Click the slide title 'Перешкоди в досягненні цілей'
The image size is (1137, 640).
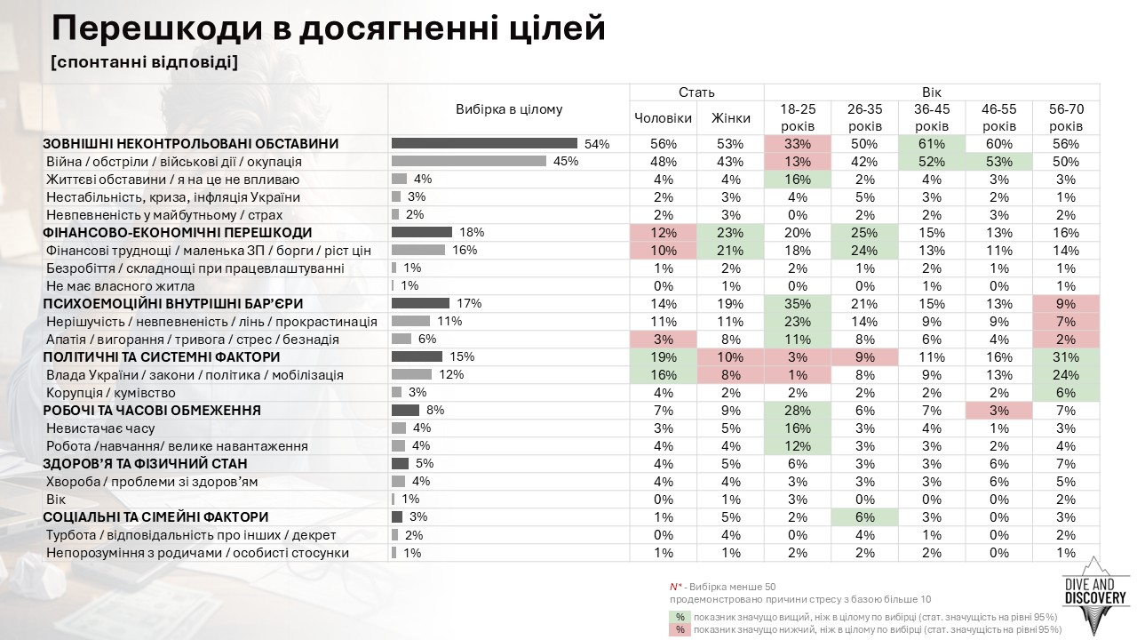click(x=329, y=28)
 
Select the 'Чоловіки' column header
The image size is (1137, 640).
click(x=663, y=118)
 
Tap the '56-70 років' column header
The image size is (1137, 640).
click(x=1066, y=118)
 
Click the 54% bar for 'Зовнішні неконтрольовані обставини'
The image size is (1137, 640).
click(x=484, y=144)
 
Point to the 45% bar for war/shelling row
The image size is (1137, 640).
click(x=469, y=162)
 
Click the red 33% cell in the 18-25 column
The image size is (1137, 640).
click(x=797, y=144)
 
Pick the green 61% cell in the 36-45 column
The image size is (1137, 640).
click(x=932, y=144)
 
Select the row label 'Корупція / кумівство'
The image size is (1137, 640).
click(x=111, y=393)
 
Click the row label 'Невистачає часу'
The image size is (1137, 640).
click(x=100, y=428)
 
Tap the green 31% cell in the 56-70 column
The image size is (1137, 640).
click(x=1066, y=357)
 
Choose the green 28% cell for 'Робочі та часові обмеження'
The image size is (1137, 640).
click(x=797, y=411)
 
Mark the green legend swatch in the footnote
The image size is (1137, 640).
click(x=680, y=617)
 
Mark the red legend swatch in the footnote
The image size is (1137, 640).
click(x=680, y=629)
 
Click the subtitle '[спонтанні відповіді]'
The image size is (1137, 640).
click(x=145, y=63)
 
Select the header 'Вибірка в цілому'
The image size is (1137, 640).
click(x=509, y=109)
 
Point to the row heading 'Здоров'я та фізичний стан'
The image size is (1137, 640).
click(x=145, y=464)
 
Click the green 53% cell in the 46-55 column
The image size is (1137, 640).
click(x=999, y=162)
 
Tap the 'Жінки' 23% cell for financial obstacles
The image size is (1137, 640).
click(x=730, y=233)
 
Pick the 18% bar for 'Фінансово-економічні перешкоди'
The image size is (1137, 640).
click(x=422, y=233)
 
